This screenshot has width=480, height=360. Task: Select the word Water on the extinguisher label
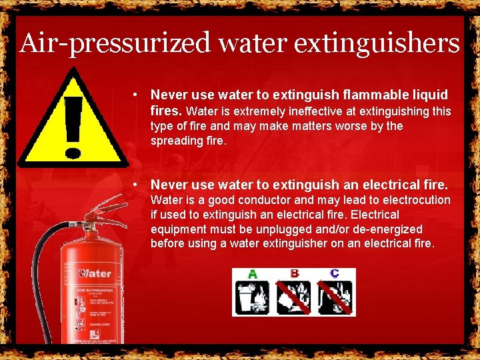(x=95, y=273)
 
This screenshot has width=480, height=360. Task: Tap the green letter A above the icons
(x=253, y=274)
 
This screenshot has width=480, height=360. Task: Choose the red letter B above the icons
(x=294, y=274)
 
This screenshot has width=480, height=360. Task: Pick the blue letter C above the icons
(x=335, y=274)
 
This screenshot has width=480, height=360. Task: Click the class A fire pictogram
(x=252, y=296)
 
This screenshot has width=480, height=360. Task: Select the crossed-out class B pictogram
(x=293, y=296)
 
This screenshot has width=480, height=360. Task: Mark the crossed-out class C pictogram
(x=335, y=296)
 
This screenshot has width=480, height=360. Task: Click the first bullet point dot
(x=135, y=95)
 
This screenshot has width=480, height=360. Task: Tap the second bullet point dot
(x=135, y=185)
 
